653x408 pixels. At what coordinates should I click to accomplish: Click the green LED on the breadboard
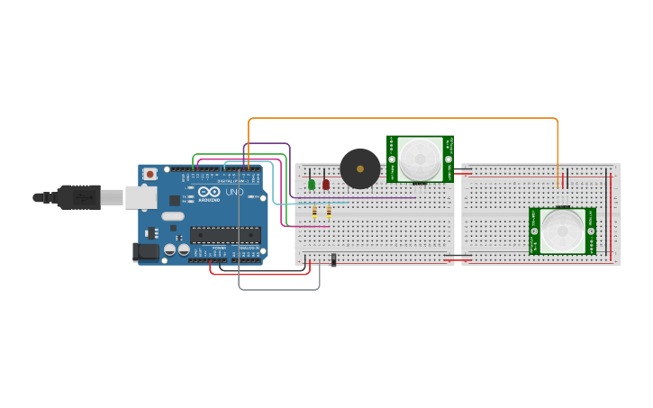pyautogui.click(x=312, y=185)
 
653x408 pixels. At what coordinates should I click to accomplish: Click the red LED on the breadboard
pyautogui.click(x=326, y=185)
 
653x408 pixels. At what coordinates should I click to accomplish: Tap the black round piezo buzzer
pyautogui.click(x=359, y=168)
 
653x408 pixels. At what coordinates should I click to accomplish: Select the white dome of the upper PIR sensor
pyautogui.click(x=421, y=159)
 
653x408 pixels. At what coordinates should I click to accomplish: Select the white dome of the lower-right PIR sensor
pyautogui.click(x=561, y=231)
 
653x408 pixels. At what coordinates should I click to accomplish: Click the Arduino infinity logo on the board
pyautogui.click(x=209, y=193)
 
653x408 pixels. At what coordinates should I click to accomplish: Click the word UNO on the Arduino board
pyautogui.click(x=234, y=193)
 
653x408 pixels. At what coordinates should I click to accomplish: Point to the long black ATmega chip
pyautogui.click(x=225, y=235)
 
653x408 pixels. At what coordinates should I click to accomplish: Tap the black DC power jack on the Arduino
pyautogui.click(x=145, y=252)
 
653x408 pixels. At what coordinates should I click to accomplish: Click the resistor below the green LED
pyautogui.click(x=314, y=213)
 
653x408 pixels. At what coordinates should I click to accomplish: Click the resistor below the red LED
pyautogui.click(x=329, y=213)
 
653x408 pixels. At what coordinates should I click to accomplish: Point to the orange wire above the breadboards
pyautogui.click(x=405, y=118)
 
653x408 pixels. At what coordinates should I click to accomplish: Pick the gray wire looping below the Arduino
pyautogui.click(x=279, y=289)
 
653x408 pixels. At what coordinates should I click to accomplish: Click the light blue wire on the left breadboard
pyautogui.click(x=311, y=204)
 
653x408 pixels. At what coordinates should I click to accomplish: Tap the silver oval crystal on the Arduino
pyautogui.click(x=173, y=216)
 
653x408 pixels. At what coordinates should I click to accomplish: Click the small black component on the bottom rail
pyautogui.click(x=334, y=259)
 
